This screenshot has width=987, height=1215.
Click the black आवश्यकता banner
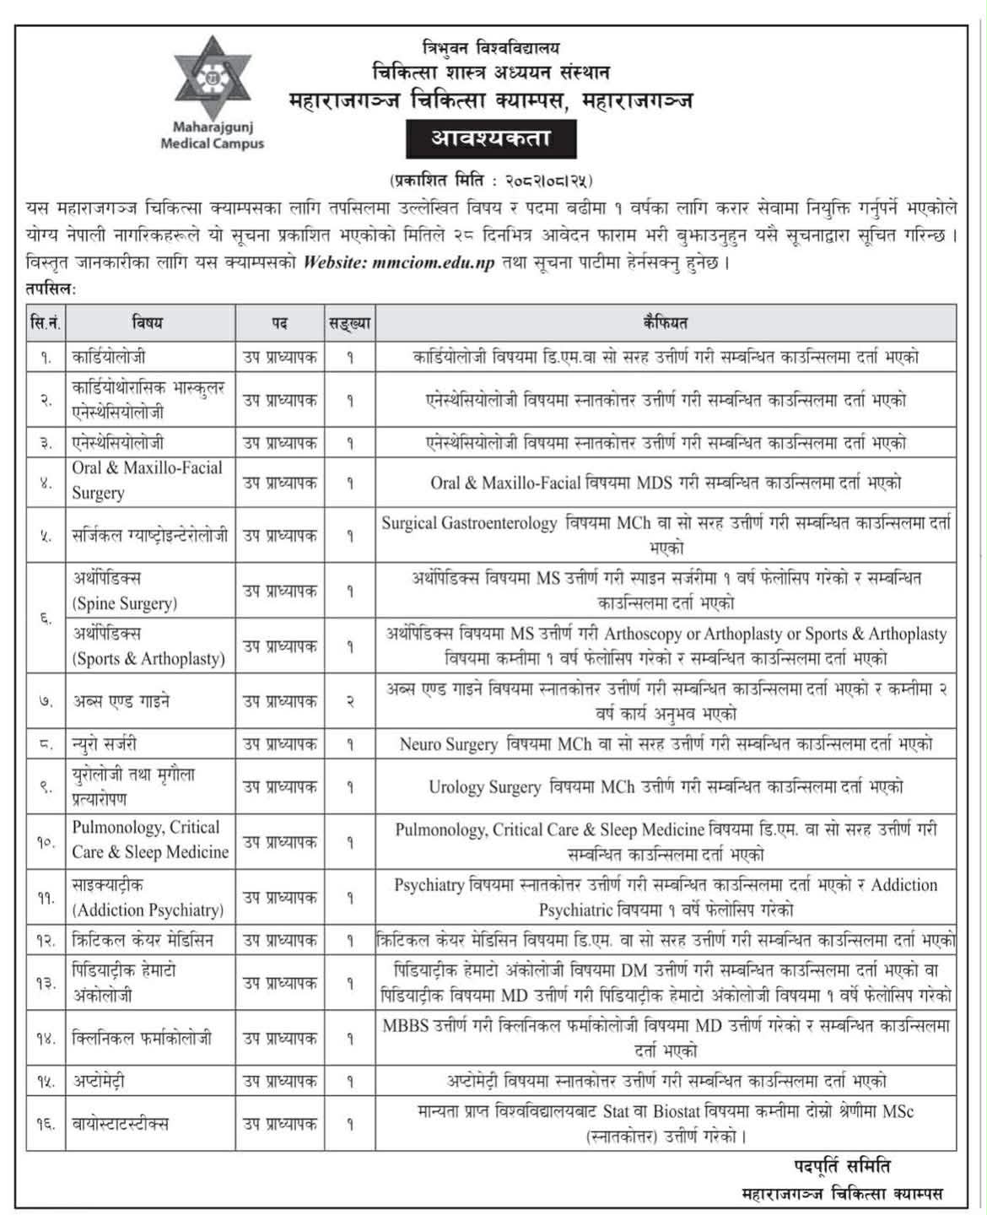(491, 138)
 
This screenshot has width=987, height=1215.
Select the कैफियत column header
(665, 322)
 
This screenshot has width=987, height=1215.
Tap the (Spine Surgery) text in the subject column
(125, 603)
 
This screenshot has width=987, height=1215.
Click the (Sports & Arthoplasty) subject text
(148, 658)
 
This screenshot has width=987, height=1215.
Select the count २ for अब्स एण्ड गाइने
(350, 701)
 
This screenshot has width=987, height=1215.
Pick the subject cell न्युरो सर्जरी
(105, 744)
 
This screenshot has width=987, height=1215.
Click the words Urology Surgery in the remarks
(484, 787)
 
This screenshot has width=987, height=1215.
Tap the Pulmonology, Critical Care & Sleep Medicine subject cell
(149, 840)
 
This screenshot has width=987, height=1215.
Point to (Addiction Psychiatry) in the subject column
(148, 910)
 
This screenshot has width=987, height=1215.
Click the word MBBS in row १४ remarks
(406, 1026)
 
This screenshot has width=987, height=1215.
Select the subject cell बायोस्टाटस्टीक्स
(121, 1124)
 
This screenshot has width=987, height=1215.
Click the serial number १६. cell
(46, 1124)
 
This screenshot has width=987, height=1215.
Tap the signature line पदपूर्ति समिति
(841, 1167)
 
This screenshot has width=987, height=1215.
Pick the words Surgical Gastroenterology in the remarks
(469, 523)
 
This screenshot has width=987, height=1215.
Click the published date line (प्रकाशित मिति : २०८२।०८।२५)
(491, 180)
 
